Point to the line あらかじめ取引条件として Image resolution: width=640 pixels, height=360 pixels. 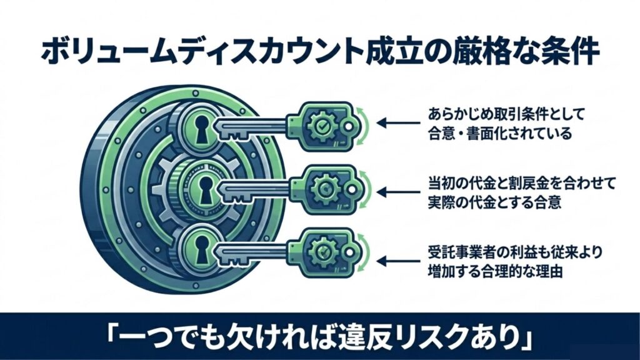point(498,116)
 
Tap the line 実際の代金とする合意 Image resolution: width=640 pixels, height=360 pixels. point(490,201)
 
